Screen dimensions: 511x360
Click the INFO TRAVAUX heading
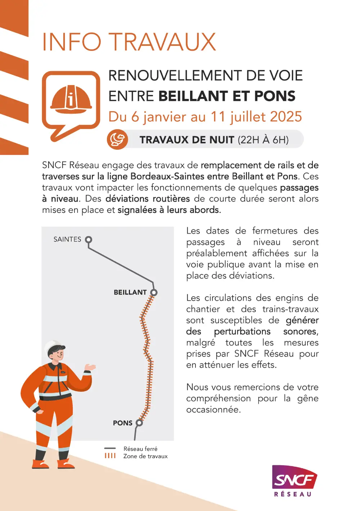pyautogui.click(x=129, y=42)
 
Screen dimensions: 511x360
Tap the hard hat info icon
pyautogui.click(x=71, y=99)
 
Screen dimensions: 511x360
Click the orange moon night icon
pyautogui.click(x=117, y=139)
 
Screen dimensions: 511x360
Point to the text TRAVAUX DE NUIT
pyautogui.click(x=187, y=140)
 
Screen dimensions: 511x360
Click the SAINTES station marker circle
pyautogui.click(x=89, y=239)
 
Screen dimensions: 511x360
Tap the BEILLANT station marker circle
pyautogui.click(x=154, y=292)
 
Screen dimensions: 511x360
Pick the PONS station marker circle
pyautogui.click(x=139, y=423)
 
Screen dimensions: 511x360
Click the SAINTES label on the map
pyautogui.click(x=67, y=239)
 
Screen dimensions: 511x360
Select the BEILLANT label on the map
pyautogui.click(x=130, y=292)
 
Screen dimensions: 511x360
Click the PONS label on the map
pyautogui.click(x=123, y=423)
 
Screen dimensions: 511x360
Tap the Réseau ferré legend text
pyautogui.click(x=140, y=449)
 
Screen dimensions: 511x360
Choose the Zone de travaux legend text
pyautogui.click(x=145, y=456)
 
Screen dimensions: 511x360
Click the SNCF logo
pyautogui.click(x=294, y=477)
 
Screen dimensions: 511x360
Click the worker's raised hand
pyautogui.click(x=90, y=367)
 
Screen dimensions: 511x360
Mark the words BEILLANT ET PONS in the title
pyautogui.click(x=227, y=96)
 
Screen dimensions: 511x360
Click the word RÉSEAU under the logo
pyautogui.click(x=293, y=494)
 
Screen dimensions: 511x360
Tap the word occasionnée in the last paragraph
pyautogui.click(x=213, y=409)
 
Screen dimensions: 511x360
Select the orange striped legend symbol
pyautogui.click(x=110, y=456)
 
